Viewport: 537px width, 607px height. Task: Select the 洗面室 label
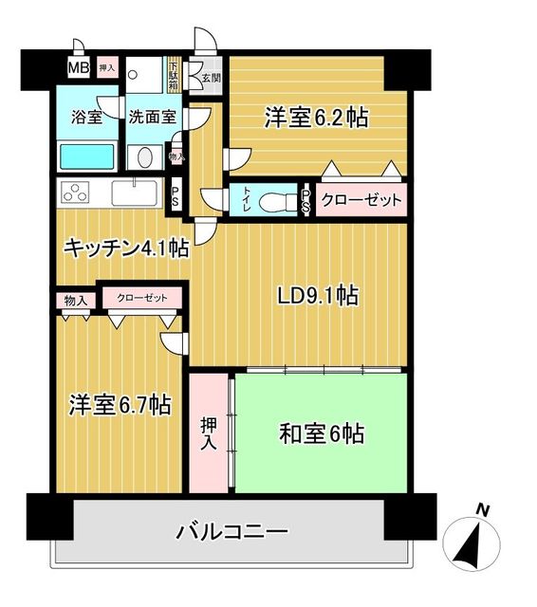(152, 119)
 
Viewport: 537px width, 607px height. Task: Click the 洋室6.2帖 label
(316, 119)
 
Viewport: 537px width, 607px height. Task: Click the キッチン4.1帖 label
(125, 248)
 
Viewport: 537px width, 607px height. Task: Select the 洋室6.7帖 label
(119, 405)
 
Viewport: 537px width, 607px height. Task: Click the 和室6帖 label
(321, 435)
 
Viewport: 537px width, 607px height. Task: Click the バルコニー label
(231, 531)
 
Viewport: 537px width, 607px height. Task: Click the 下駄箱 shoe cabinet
(174, 75)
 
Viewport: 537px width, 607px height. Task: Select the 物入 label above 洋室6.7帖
(76, 301)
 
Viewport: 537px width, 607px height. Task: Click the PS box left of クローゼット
(306, 200)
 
